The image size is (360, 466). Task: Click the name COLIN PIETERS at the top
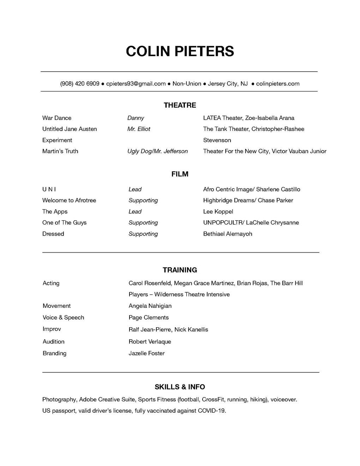180,51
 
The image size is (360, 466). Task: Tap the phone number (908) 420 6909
80,84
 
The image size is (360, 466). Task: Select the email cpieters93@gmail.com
136,84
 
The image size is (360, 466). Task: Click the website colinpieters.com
278,84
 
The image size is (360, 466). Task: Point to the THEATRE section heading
180,105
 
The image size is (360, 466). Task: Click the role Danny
136,118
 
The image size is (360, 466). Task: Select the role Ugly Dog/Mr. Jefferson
157,151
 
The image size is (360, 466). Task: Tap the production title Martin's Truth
60,151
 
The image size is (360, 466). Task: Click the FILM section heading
180,174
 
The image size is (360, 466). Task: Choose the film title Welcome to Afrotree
69,200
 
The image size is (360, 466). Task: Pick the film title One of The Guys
64,222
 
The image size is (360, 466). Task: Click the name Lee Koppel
218,211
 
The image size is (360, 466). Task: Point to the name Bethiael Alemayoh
228,234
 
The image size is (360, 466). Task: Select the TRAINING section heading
180,270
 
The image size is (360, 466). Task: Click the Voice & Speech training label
64,317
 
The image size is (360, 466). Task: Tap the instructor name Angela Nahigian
150,306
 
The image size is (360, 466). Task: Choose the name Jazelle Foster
146,353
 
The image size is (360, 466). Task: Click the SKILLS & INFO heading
180,387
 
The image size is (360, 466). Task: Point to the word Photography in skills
59,399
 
